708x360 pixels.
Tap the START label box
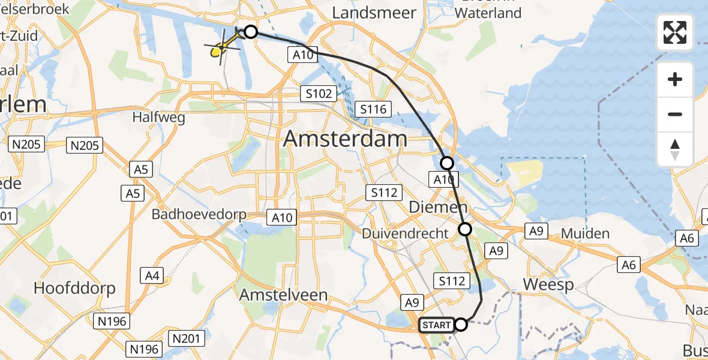(x=436, y=325)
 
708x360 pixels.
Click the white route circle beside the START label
(x=461, y=325)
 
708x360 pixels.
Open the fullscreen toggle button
(x=675, y=32)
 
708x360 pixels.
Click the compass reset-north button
(x=675, y=149)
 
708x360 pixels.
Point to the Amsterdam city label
(x=345, y=139)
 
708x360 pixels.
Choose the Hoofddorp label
(x=74, y=288)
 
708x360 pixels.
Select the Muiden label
(x=585, y=233)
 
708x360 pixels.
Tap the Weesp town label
(x=548, y=284)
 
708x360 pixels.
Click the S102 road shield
(x=316, y=94)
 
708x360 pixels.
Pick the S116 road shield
(x=373, y=109)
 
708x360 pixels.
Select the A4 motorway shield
(x=152, y=275)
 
